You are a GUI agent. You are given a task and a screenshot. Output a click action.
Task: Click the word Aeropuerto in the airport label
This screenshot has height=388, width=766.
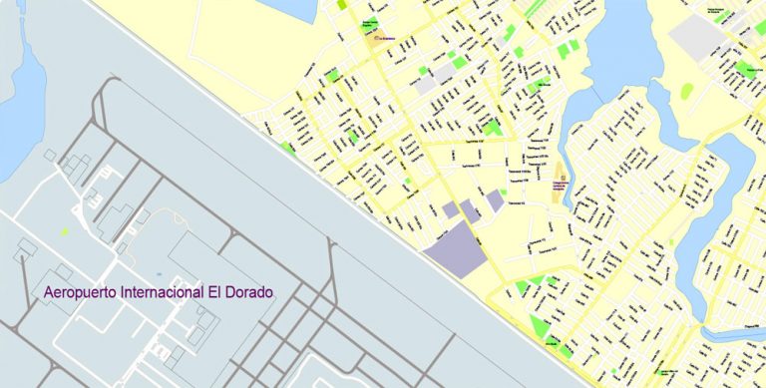81,294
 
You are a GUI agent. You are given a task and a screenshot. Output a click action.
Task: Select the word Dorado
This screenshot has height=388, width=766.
244,294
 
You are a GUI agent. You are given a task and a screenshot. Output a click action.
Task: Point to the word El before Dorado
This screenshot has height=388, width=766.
213,294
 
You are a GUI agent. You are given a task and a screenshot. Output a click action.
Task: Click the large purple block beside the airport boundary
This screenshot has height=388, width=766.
456,248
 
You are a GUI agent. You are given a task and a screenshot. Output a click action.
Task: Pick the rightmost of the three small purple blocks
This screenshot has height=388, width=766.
495,200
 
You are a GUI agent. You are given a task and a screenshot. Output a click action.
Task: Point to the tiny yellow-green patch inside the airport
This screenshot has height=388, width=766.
64,231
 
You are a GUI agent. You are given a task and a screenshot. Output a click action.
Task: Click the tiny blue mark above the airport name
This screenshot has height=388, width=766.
159,272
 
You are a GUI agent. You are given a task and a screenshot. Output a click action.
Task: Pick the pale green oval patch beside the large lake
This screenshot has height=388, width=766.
687,91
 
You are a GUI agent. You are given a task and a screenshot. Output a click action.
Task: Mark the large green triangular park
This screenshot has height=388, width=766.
540,325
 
